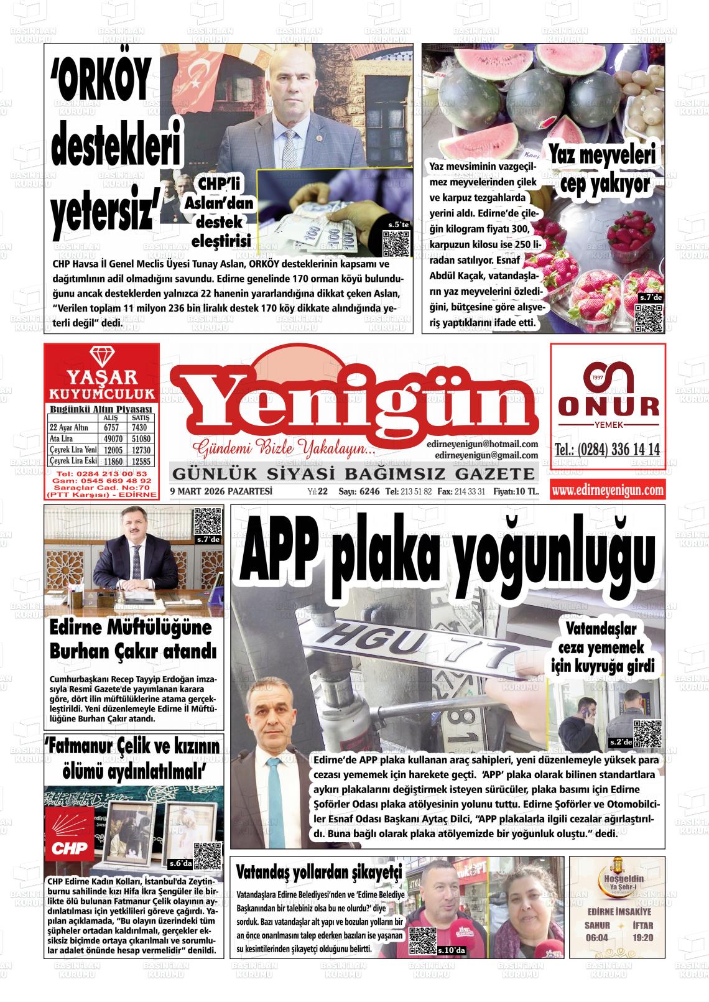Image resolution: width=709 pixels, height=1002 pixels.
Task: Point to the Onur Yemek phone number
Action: [607, 450]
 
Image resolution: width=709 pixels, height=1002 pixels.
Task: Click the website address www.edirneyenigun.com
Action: [607, 491]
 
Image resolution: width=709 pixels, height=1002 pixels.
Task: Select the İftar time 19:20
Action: [642, 937]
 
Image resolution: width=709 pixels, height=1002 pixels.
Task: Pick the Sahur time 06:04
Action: [596, 937]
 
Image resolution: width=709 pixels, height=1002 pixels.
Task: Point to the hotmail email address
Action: [482, 444]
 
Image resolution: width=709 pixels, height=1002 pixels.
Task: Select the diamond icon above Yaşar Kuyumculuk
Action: [101, 357]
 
